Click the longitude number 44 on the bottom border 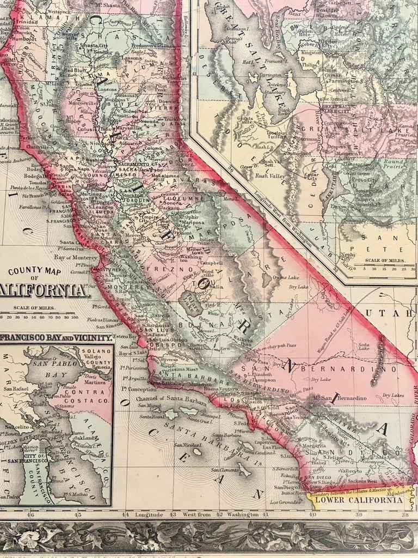(x=126, y=514)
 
